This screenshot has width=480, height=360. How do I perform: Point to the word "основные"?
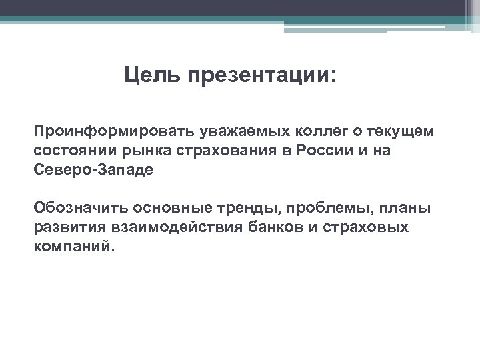click(161, 209)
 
